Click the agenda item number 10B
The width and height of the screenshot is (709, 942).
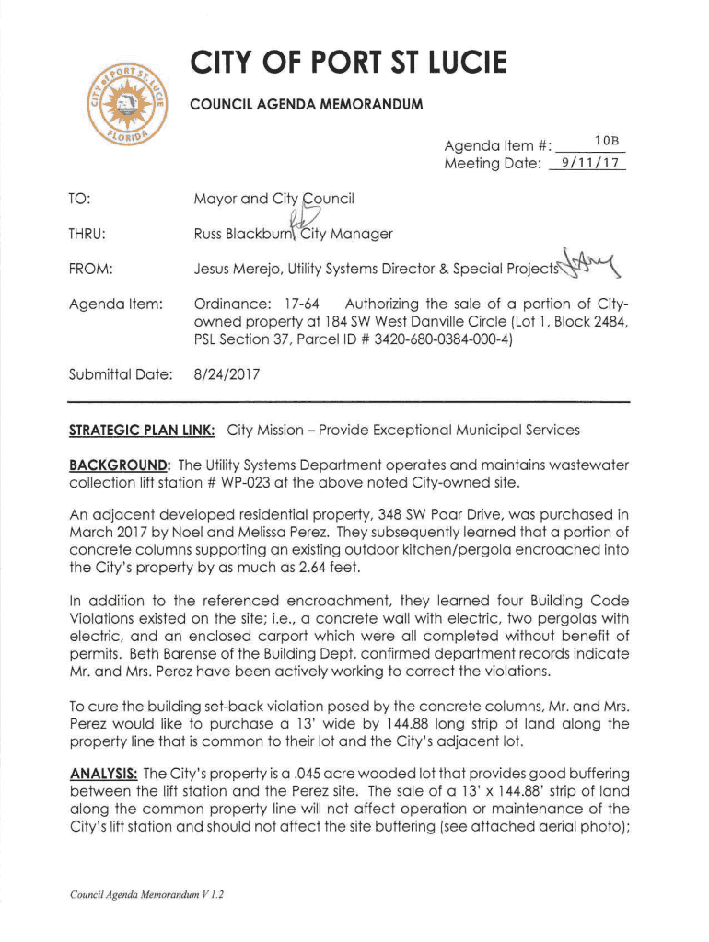(605, 140)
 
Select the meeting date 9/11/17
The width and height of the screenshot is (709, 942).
(587, 164)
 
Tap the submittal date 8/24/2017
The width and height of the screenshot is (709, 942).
(227, 374)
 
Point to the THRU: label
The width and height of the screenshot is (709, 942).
(88, 234)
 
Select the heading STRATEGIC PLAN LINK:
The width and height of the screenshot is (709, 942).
(143, 430)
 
